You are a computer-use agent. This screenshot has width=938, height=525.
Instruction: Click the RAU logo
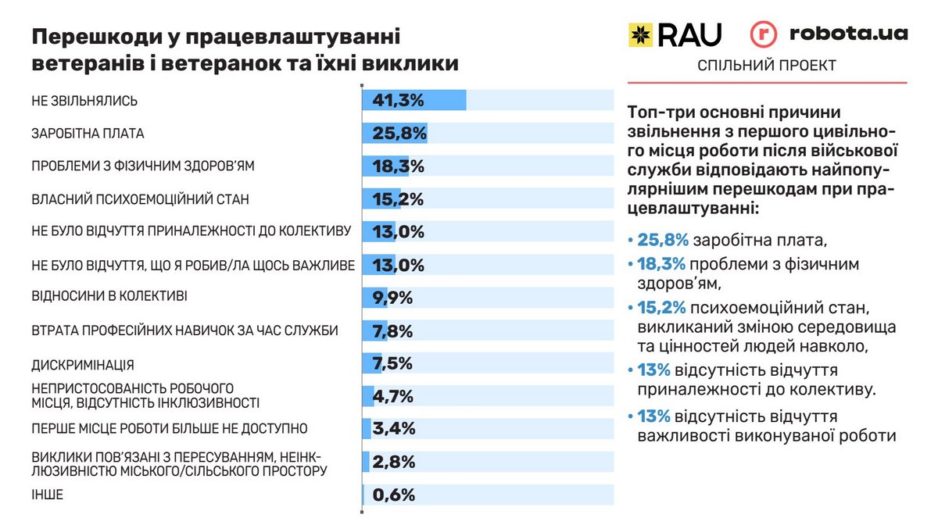pos(675,34)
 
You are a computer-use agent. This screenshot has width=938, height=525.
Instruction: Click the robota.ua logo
pos(829,34)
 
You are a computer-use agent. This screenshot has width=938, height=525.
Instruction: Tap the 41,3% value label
pos(398,101)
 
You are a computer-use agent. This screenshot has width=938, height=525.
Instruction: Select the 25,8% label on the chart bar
pos(398,134)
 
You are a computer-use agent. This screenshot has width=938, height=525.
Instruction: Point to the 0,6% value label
pos(393,495)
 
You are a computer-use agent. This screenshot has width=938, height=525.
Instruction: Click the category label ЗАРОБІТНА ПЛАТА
pos(88,134)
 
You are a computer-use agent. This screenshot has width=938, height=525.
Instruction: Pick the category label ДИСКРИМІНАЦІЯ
pos(83,365)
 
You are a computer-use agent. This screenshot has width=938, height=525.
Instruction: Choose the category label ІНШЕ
pos(47,495)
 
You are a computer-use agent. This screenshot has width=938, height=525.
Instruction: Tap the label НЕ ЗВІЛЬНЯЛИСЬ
pos(84,101)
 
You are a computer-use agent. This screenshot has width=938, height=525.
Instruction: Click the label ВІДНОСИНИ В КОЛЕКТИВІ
pos(109,297)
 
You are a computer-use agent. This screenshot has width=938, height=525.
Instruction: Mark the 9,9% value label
pos(393,298)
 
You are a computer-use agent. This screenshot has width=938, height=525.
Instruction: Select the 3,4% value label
pos(393,429)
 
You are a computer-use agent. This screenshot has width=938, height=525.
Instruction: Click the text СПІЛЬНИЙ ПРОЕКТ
pos(766,66)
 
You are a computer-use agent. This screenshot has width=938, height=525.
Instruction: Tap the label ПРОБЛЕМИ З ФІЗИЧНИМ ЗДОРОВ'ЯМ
pos(143,166)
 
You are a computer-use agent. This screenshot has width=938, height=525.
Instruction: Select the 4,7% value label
pos(393,396)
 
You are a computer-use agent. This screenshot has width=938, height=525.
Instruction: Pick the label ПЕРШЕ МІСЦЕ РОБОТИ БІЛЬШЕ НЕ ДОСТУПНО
pos(169,429)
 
